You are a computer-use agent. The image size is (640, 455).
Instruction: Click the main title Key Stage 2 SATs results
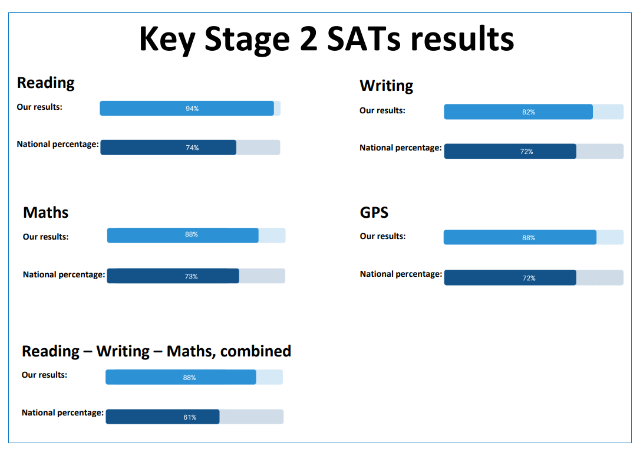(x=326, y=40)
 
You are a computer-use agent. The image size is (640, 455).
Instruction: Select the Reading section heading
(x=46, y=83)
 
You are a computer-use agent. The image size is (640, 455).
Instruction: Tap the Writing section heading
(x=386, y=86)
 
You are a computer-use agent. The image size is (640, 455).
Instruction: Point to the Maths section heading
(x=46, y=212)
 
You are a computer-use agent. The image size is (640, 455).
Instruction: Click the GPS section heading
(x=374, y=212)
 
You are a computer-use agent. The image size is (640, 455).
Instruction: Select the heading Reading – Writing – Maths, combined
(x=156, y=351)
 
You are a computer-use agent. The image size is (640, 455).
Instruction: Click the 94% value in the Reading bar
(x=192, y=109)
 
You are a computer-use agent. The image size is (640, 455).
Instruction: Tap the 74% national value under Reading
(x=192, y=148)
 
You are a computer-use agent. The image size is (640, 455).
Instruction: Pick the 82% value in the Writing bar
(x=529, y=112)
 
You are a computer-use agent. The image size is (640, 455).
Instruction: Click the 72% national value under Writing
(x=526, y=152)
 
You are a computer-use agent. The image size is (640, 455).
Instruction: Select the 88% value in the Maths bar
(x=192, y=234)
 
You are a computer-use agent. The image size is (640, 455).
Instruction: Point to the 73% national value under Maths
(x=191, y=276)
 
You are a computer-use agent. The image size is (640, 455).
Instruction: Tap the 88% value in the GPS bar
(x=529, y=238)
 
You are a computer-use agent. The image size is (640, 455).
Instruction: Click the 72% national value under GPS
(x=529, y=278)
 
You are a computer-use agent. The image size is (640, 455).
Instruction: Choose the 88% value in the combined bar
(x=189, y=378)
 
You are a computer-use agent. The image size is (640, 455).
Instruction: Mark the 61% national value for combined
(x=190, y=417)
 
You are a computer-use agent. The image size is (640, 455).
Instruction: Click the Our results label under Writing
(x=382, y=110)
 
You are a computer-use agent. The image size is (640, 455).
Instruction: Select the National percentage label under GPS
(x=401, y=274)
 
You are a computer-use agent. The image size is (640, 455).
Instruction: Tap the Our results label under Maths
(x=46, y=237)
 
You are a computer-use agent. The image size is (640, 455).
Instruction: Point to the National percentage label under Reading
(x=58, y=145)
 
